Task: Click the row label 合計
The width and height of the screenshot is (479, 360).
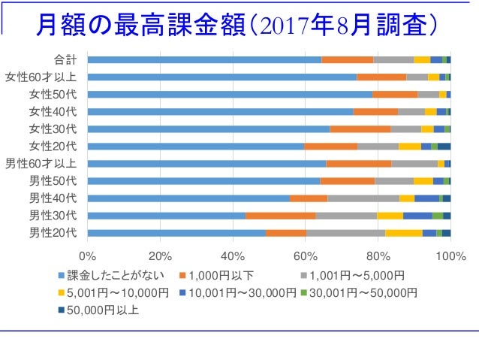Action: pyautogui.click(x=65, y=59)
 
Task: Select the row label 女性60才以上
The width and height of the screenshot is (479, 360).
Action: pyautogui.click(x=41, y=77)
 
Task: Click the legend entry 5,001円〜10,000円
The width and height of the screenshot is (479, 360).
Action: pyautogui.click(x=113, y=292)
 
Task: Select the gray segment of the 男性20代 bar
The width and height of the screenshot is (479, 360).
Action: pyautogui.click(x=345, y=233)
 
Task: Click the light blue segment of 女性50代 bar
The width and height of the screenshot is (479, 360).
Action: pyautogui.click(x=229, y=94)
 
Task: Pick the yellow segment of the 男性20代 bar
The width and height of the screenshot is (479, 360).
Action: pyautogui.click(x=404, y=233)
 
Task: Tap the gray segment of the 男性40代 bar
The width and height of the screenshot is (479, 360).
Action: pyautogui.click(x=363, y=198)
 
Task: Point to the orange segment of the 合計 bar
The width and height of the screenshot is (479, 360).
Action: pyautogui.click(x=347, y=59)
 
